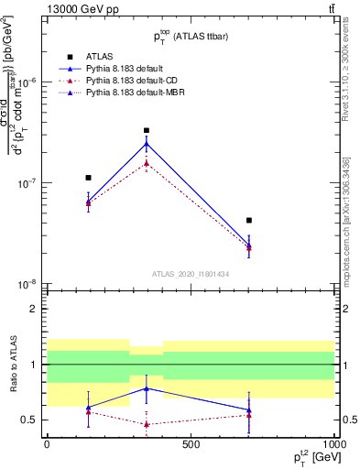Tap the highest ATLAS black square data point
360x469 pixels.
click(x=147, y=130)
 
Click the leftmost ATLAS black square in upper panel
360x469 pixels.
click(x=88, y=178)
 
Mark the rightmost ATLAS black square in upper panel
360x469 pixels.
click(x=249, y=221)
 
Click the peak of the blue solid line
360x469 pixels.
click(x=147, y=143)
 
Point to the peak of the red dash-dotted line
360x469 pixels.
click(x=147, y=164)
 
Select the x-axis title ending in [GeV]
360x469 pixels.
click(x=311, y=457)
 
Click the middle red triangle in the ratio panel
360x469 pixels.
click(x=147, y=424)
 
